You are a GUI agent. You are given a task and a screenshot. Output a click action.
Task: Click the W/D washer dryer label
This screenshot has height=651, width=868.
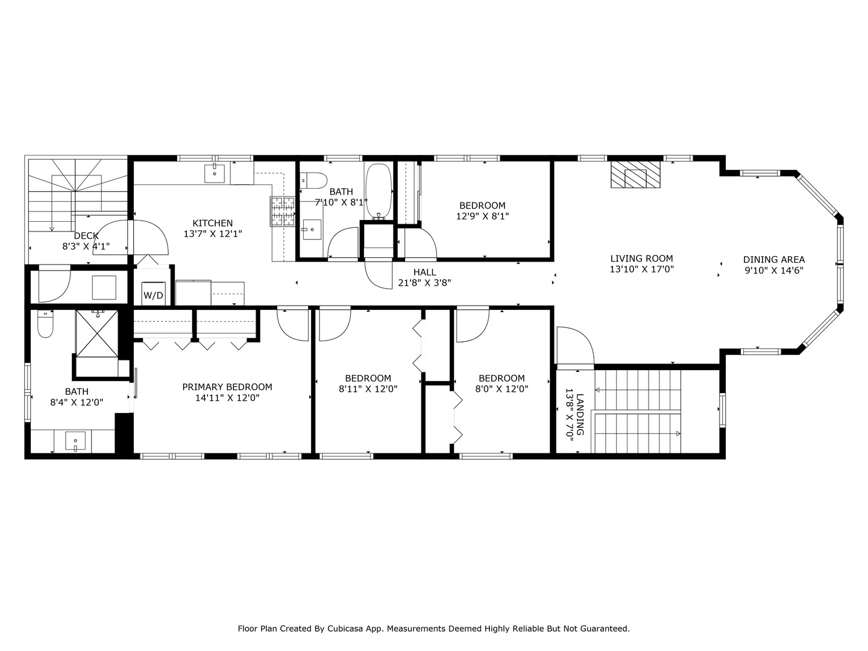coord(153,295)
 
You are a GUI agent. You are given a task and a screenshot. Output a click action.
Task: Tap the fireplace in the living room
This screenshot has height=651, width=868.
coord(635,175)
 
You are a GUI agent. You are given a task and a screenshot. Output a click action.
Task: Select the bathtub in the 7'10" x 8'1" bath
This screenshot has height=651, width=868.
coord(378,190)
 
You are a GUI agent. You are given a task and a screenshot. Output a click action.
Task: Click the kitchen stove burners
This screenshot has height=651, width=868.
coord(282,212)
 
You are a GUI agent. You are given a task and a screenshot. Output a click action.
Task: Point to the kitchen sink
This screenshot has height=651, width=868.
coord(215,173)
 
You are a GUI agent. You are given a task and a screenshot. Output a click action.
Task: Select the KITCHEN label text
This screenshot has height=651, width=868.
coord(212,223)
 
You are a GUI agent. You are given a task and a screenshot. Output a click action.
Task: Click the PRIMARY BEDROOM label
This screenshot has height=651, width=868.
coord(227,387)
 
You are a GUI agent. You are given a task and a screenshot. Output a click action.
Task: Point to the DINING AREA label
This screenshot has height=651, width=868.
coord(773,260)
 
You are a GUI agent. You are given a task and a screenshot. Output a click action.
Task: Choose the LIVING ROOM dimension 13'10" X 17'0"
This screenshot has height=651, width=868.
coord(641,269)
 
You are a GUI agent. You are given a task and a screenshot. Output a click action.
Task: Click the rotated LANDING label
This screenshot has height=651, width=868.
coord(580,414)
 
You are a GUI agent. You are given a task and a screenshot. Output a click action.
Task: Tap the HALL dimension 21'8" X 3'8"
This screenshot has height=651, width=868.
coord(424,282)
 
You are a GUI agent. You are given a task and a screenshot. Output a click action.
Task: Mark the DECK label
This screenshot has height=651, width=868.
coord(86,236)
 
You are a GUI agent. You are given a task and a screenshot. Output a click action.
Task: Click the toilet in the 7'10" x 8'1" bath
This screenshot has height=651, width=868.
coord(314,180)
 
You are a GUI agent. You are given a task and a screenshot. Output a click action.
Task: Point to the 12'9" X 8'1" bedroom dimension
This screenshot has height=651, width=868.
coord(482,216)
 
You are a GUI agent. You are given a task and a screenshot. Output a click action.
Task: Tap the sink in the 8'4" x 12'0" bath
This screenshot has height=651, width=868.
coord(75,441)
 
